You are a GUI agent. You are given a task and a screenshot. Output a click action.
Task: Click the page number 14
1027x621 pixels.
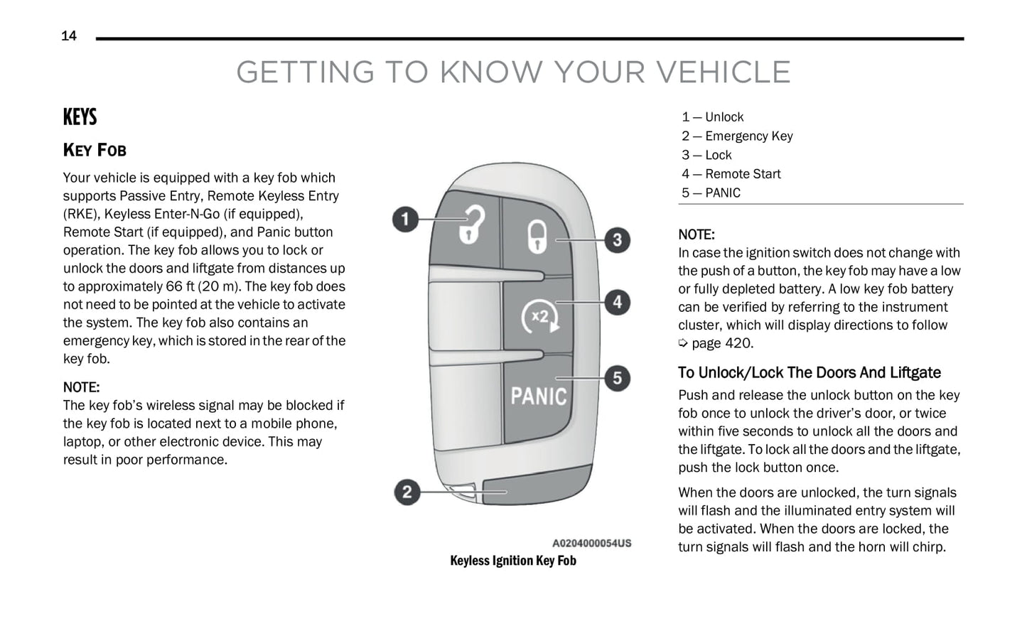click(x=69, y=36)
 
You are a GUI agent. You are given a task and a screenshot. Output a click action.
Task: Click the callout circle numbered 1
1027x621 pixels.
click(x=406, y=219)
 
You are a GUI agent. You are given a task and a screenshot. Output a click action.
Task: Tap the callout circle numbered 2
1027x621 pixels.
click(x=407, y=492)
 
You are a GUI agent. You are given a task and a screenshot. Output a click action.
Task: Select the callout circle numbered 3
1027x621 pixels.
click(x=617, y=240)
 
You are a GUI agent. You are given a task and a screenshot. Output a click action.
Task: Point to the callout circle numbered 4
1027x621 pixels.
click(x=617, y=302)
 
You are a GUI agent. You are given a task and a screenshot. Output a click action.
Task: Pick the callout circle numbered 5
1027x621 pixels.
click(x=617, y=378)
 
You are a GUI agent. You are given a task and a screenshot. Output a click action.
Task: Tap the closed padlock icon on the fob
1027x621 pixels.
click(x=537, y=236)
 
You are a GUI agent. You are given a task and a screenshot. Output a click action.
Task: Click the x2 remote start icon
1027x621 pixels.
click(x=540, y=316)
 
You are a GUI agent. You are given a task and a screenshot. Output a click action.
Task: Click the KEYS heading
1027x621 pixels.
click(x=80, y=117)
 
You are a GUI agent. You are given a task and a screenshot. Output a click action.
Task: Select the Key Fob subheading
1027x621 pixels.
click(x=95, y=150)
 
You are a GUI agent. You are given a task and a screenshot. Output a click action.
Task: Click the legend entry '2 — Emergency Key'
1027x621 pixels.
click(x=737, y=136)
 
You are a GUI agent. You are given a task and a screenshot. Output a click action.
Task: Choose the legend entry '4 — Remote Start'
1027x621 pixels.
click(x=731, y=174)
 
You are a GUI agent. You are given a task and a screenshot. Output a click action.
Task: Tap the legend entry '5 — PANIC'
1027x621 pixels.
click(x=711, y=193)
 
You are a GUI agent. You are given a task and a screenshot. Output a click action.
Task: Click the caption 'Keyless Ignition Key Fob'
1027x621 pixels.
click(x=513, y=561)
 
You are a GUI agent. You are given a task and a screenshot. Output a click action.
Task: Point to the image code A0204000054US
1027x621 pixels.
click(x=591, y=544)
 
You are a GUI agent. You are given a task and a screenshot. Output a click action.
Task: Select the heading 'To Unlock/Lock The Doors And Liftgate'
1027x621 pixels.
click(x=809, y=373)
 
